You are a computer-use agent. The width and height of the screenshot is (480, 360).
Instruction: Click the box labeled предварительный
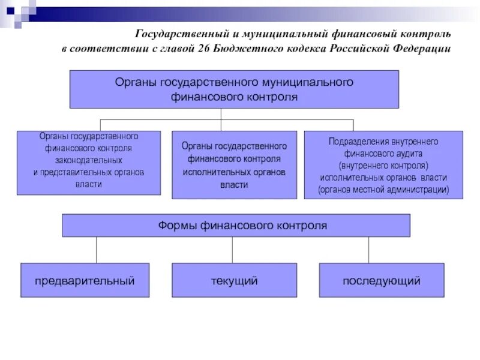[85, 280]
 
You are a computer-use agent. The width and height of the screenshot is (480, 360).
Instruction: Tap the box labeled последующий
[382, 280]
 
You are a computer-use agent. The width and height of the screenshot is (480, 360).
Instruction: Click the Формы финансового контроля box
[236, 226]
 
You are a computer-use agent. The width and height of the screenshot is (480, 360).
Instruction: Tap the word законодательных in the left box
[89, 160]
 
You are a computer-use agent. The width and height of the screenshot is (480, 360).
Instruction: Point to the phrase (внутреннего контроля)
[383, 165]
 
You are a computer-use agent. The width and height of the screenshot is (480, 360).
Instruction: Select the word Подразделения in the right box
[359, 142]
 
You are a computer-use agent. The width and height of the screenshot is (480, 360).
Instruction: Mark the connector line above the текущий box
[233, 250]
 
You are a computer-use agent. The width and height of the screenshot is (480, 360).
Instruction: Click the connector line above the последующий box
[368, 250]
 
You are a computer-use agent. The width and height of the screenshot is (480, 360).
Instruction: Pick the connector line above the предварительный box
[96, 250]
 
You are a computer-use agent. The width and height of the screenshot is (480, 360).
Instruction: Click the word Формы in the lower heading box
[174, 226]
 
